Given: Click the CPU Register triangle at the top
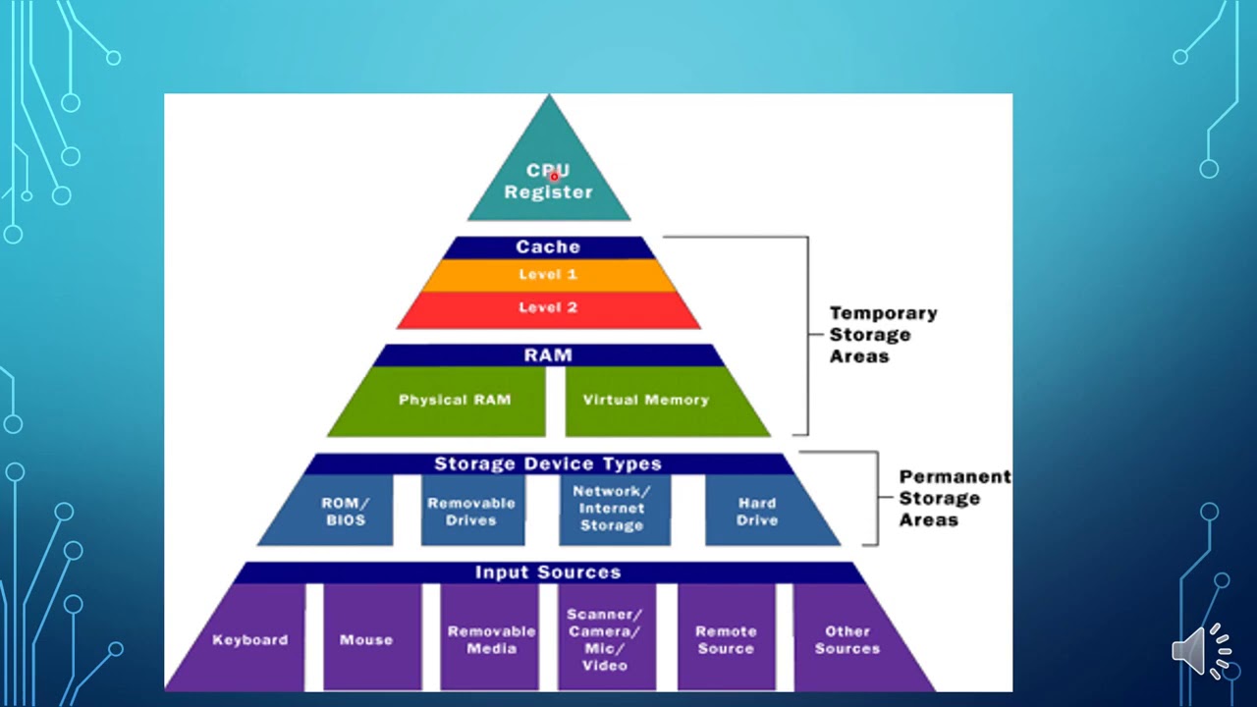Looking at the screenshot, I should [548, 177].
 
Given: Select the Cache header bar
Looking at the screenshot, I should [548, 247].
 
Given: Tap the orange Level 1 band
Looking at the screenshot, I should [548, 275].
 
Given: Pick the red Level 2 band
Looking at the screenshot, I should [548, 308].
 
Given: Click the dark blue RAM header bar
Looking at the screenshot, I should [548, 355].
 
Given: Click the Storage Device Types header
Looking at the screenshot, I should [548, 463].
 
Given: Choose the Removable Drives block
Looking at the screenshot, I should [470, 511].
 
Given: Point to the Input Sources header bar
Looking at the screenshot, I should [548, 572].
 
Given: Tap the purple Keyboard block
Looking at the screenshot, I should [249, 639].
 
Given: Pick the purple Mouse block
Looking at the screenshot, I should [366, 639].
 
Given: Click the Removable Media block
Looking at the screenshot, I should [491, 639].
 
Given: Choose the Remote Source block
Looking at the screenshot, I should [726, 639].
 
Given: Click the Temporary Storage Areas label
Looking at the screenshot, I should [883, 335].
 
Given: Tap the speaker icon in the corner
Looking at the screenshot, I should [1201, 650].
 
